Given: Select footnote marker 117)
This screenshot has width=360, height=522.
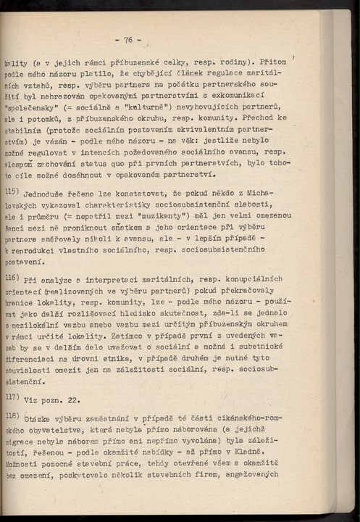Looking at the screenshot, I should click(12, 397).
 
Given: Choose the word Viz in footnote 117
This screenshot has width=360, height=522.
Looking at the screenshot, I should click(32, 400).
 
